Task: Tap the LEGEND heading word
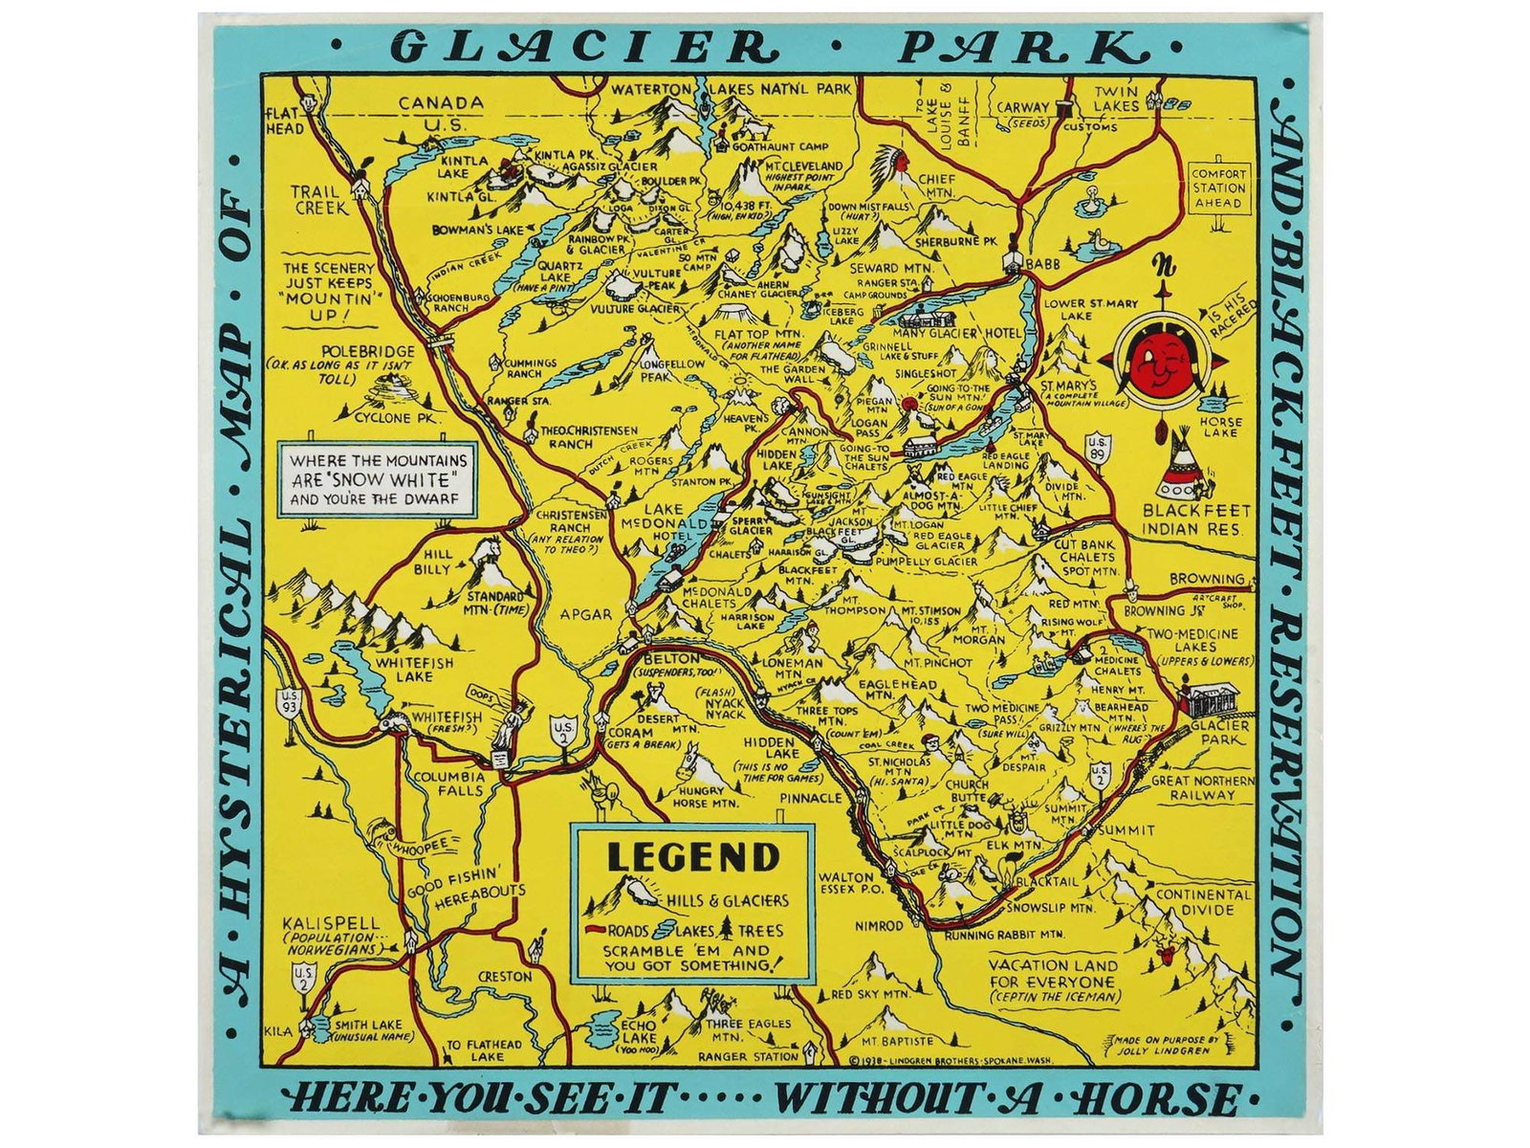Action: [693, 856]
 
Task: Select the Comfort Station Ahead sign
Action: [1218, 188]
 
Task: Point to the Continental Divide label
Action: [1202, 901]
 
